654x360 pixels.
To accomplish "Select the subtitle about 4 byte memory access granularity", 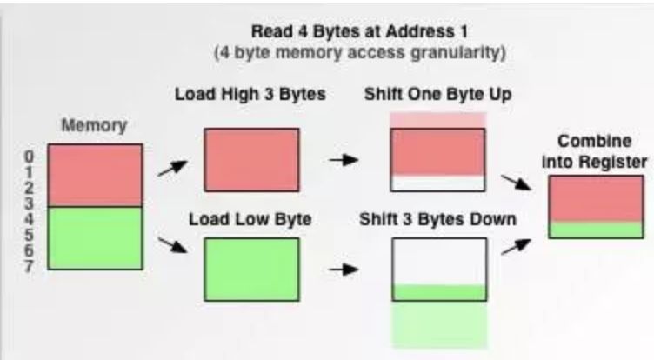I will tap(360, 53).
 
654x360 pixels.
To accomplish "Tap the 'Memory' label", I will tap(94, 125).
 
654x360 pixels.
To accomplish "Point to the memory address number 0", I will tap(30, 157).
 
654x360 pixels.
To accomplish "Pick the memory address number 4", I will tap(30, 219).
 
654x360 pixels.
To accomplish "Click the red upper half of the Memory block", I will tap(95, 176).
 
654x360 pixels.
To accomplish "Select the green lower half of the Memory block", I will tap(95, 237).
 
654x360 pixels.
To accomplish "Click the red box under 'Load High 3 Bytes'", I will tap(251, 159).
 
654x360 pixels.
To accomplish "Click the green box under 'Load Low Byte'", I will tap(251, 269).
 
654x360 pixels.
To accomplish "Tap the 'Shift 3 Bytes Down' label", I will tap(438, 219).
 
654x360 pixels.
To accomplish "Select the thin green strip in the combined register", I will tap(595, 230).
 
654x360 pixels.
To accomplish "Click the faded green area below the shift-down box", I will tap(438, 323).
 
